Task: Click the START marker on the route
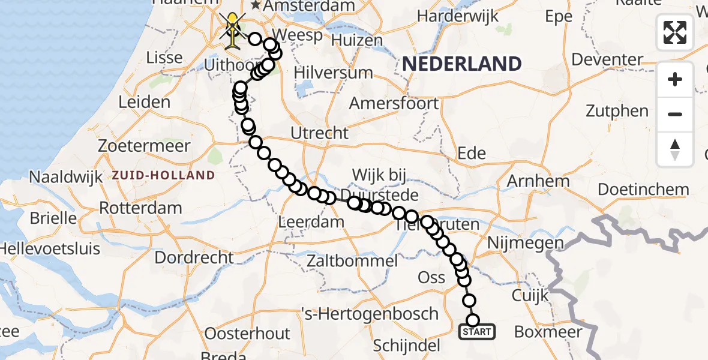[477, 331]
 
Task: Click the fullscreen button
[675, 32]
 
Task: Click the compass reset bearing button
[675, 149]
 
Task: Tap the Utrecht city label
[319, 133]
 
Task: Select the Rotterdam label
[140, 209]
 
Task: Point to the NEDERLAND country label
[461, 64]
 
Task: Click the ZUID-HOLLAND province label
[163, 176]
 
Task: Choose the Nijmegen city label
[526, 244]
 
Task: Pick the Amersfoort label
[394, 103]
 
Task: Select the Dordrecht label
[194, 258]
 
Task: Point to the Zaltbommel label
[352, 261]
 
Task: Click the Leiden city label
[144, 102]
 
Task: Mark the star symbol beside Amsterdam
[256, 5]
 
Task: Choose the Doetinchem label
[644, 190]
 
